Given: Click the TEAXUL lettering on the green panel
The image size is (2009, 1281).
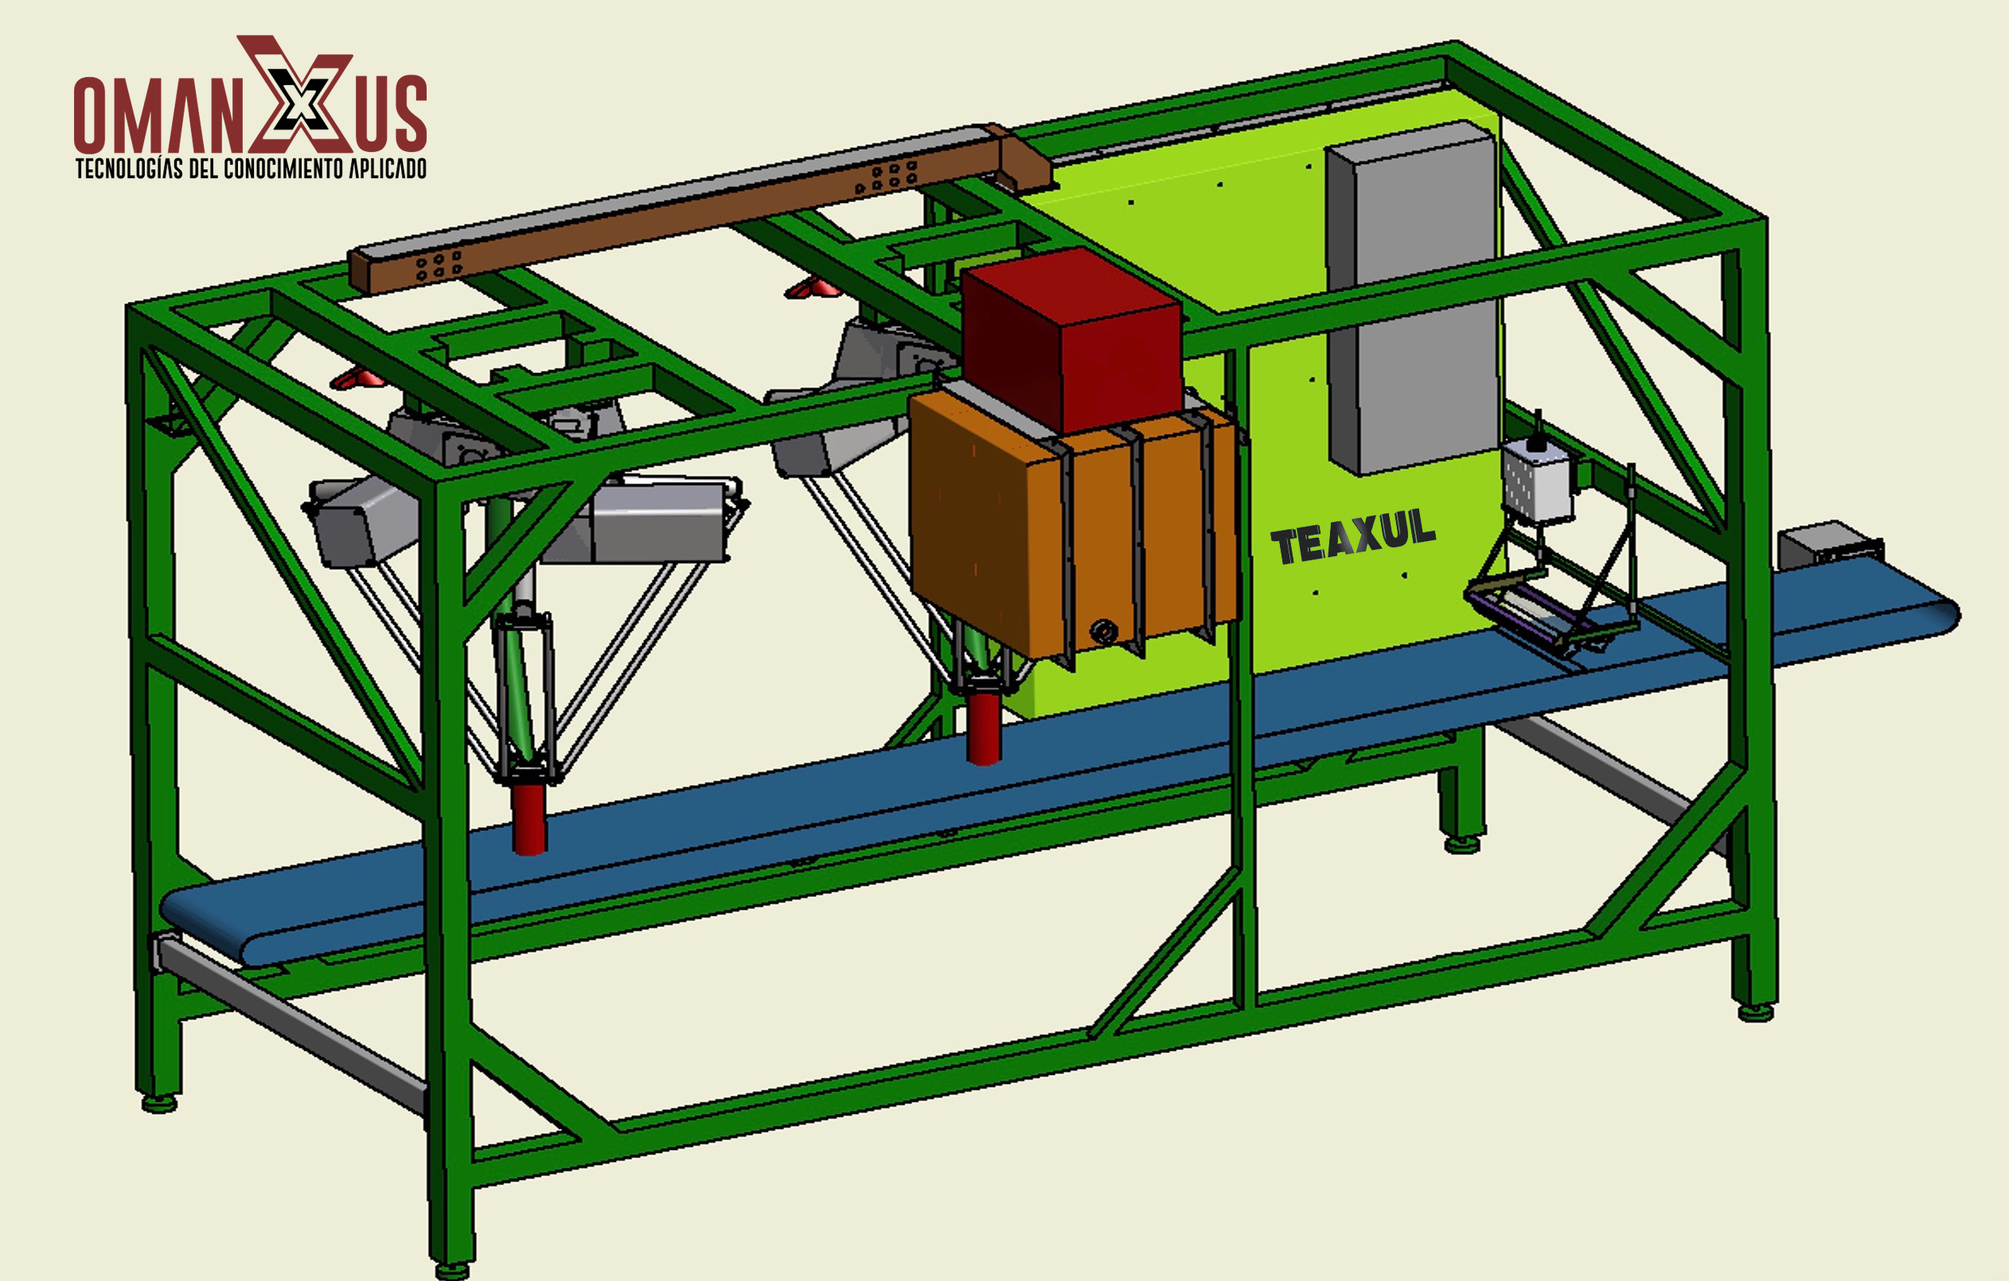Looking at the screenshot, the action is point(1353,535).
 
